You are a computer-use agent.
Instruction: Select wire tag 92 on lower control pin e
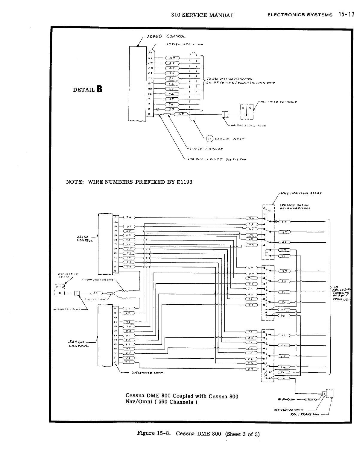[x=127, y=308]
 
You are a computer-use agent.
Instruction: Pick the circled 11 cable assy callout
[x=210, y=138]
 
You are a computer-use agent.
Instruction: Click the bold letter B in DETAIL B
[x=99, y=89]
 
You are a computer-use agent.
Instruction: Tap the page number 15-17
[x=346, y=14]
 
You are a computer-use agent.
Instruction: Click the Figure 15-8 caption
[x=198, y=433]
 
